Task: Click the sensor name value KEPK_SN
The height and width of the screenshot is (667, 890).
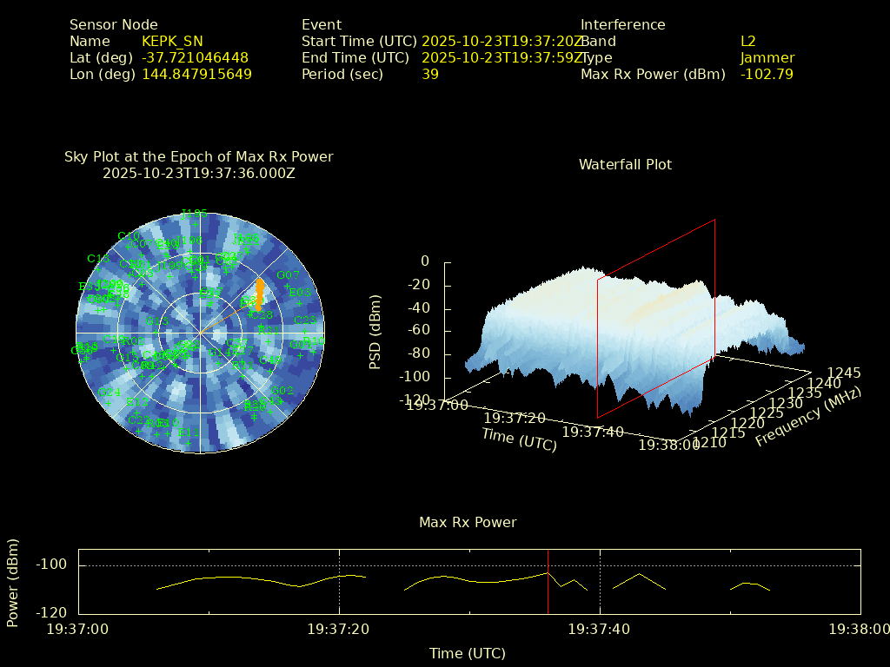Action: click(x=172, y=41)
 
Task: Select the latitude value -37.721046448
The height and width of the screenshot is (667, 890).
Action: click(x=195, y=57)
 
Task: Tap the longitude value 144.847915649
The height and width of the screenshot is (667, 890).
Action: click(x=196, y=74)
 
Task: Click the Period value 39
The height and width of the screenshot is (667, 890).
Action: click(x=430, y=74)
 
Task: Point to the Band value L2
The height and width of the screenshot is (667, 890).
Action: click(x=748, y=41)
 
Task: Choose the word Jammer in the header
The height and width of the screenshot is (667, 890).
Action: click(x=767, y=57)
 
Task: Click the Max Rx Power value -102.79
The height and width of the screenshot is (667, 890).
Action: click(x=767, y=74)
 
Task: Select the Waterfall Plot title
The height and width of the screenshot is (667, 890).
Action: click(x=625, y=164)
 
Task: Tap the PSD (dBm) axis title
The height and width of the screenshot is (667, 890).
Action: click(x=375, y=331)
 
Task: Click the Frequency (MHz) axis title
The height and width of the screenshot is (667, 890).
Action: click(x=807, y=417)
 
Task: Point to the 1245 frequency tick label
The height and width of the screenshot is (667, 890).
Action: click(x=844, y=373)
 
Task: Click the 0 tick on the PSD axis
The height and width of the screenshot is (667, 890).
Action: click(x=425, y=261)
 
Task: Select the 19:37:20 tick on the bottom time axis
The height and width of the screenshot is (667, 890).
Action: click(x=339, y=629)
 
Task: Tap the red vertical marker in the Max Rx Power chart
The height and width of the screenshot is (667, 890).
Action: click(x=548, y=582)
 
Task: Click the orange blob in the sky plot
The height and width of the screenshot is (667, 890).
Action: click(x=259, y=294)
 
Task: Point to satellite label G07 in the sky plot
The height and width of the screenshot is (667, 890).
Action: click(x=288, y=275)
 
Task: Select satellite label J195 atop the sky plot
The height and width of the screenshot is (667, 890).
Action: click(x=194, y=213)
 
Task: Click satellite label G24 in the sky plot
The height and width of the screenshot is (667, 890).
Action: click(x=110, y=393)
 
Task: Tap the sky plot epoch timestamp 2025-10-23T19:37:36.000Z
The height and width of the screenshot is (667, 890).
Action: click(x=199, y=173)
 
